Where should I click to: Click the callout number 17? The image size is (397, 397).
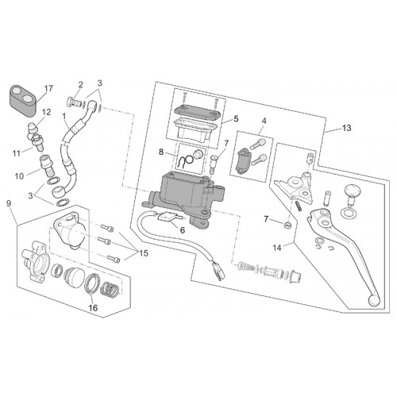point(48,88)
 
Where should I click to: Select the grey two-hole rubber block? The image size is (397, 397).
point(24,101)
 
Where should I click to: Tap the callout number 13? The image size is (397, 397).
point(346,128)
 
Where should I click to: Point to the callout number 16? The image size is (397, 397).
point(93,308)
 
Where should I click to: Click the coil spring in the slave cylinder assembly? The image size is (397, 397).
point(109,288)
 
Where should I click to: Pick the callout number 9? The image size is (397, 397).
point(9,203)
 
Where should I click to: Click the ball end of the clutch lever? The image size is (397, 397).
point(374,299)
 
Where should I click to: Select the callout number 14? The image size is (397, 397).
point(277,248)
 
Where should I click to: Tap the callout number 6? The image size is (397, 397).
point(183,230)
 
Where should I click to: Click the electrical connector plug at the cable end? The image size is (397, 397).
point(218,269)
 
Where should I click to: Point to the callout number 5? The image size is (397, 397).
point(236,119)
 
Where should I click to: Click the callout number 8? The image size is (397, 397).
point(161,152)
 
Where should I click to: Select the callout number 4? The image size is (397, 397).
point(264,121)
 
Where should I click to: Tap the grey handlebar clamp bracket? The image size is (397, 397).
point(243,161)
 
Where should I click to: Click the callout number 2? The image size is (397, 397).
point(80,84)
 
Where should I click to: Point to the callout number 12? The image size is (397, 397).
point(46,112)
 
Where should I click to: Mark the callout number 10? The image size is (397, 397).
point(19,176)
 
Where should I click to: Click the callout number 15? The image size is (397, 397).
point(144,253)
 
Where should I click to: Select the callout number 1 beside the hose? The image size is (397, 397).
point(64,116)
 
